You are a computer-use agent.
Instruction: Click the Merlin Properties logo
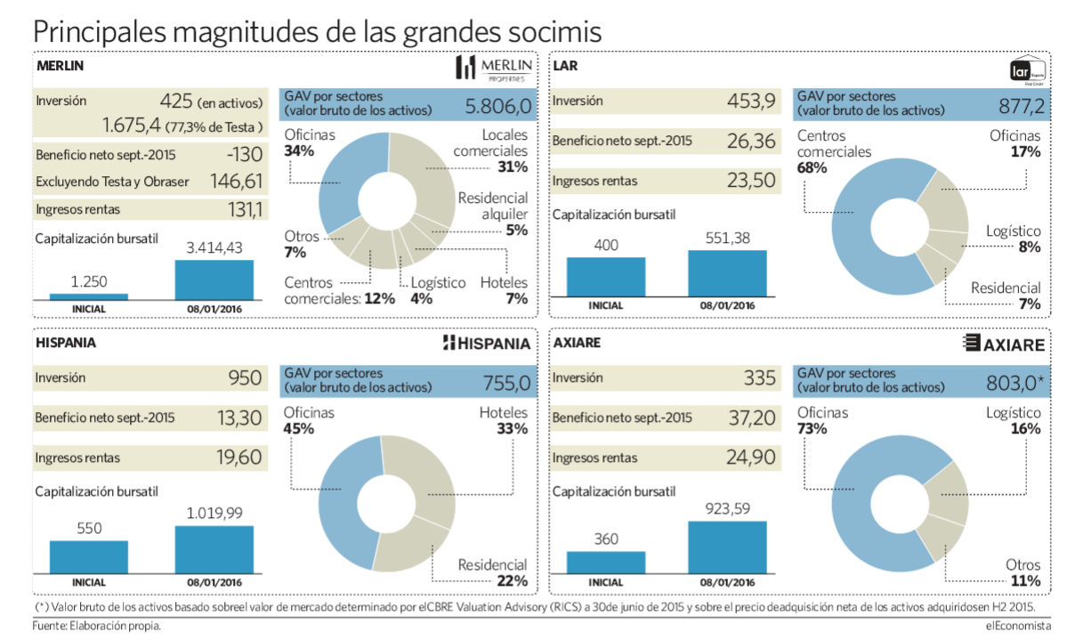(x=494, y=69)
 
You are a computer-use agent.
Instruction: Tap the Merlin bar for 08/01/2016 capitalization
(x=214, y=279)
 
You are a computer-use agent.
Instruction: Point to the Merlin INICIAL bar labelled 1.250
(x=88, y=296)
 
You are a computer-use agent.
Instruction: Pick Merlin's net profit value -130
(x=241, y=153)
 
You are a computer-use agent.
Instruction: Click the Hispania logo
(x=487, y=344)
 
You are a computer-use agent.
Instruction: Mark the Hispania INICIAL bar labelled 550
(x=88, y=556)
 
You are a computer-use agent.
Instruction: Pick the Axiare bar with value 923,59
(x=726, y=547)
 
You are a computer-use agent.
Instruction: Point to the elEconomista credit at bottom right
(x=1018, y=626)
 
